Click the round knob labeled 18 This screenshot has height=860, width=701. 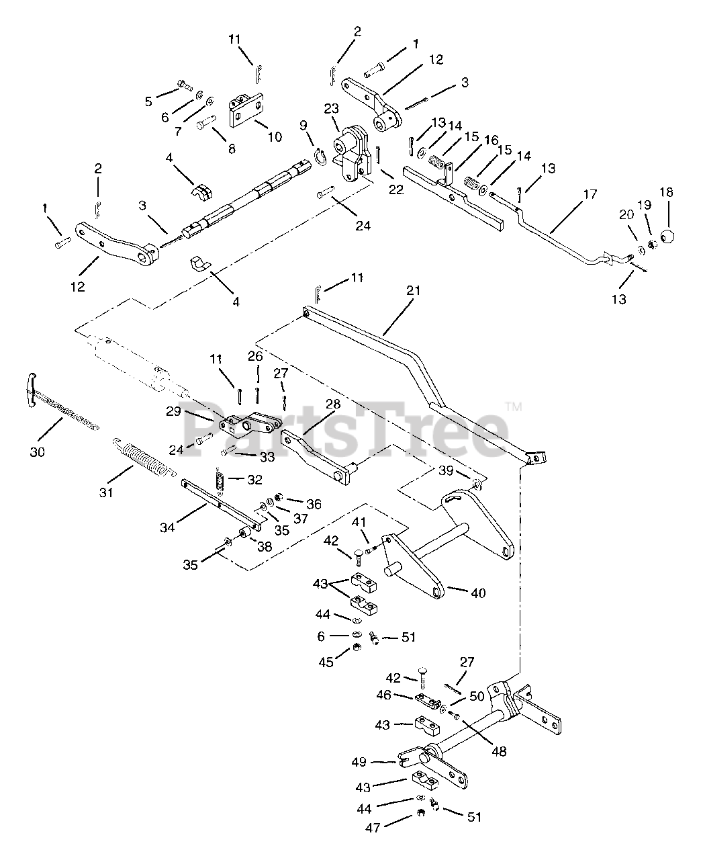pyautogui.click(x=667, y=236)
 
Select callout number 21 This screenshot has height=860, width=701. pyautogui.click(x=413, y=291)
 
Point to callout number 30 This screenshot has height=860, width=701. pyautogui.click(x=37, y=451)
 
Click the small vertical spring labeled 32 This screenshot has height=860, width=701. pyautogui.click(x=220, y=481)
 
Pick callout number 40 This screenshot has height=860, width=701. pyautogui.click(x=479, y=593)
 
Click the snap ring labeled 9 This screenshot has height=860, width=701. pyautogui.click(x=320, y=158)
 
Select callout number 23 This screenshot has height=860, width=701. pyautogui.click(x=331, y=108)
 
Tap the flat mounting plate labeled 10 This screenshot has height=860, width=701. pyautogui.click(x=246, y=110)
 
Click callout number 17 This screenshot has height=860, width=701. pyautogui.click(x=590, y=194)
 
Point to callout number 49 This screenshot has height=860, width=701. pyautogui.click(x=359, y=762)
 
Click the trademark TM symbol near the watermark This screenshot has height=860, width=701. pyautogui.click(x=514, y=406)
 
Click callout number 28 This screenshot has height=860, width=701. pyautogui.click(x=333, y=404)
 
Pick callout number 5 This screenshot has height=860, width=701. pyautogui.click(x=148, y=101)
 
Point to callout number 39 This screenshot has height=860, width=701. pyautogui.click(x=446, y=470)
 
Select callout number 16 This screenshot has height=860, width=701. pyautogui.click(x=492, y=140)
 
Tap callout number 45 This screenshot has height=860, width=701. pyautogui.click(x=326, y=662)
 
